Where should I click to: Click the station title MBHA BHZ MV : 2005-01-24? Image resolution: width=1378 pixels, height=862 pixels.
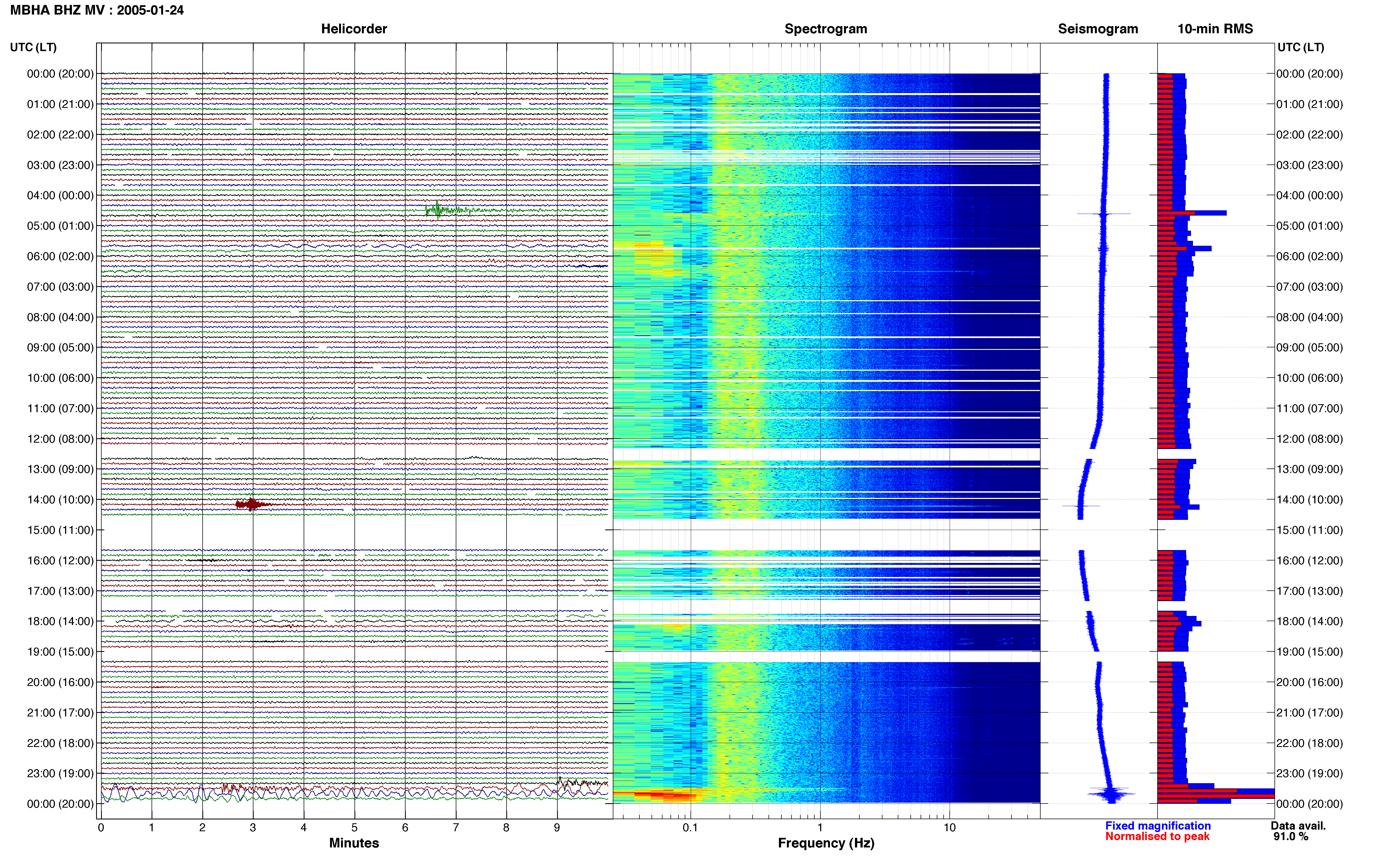click(x=97, y=10)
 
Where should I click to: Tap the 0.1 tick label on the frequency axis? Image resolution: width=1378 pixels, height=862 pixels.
click(x=690, y=827)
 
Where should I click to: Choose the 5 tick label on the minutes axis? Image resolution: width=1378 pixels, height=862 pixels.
click(x=354, y=827)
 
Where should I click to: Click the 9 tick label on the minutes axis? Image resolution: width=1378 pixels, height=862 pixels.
click(x=557, y=827)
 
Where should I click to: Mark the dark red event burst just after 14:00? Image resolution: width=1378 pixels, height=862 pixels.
click(x=253, y=504)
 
